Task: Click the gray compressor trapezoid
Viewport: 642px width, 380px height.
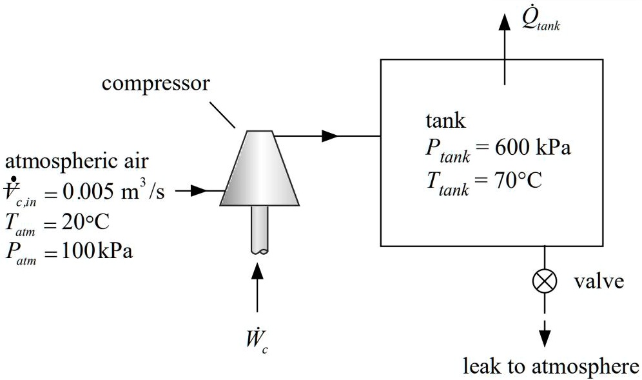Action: pos(259,168)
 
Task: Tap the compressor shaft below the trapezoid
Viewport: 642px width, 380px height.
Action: pos(259,230)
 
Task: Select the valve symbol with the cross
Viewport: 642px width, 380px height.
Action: pos(545,281)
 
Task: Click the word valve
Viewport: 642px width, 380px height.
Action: pos(599,282)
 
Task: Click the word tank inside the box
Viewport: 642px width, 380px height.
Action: pos(445,121)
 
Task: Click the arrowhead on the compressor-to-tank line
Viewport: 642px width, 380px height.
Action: pos(330,135)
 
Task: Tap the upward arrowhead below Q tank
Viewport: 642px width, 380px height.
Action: pos(504,23)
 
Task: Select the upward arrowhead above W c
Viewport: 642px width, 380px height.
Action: pos(258,272)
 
